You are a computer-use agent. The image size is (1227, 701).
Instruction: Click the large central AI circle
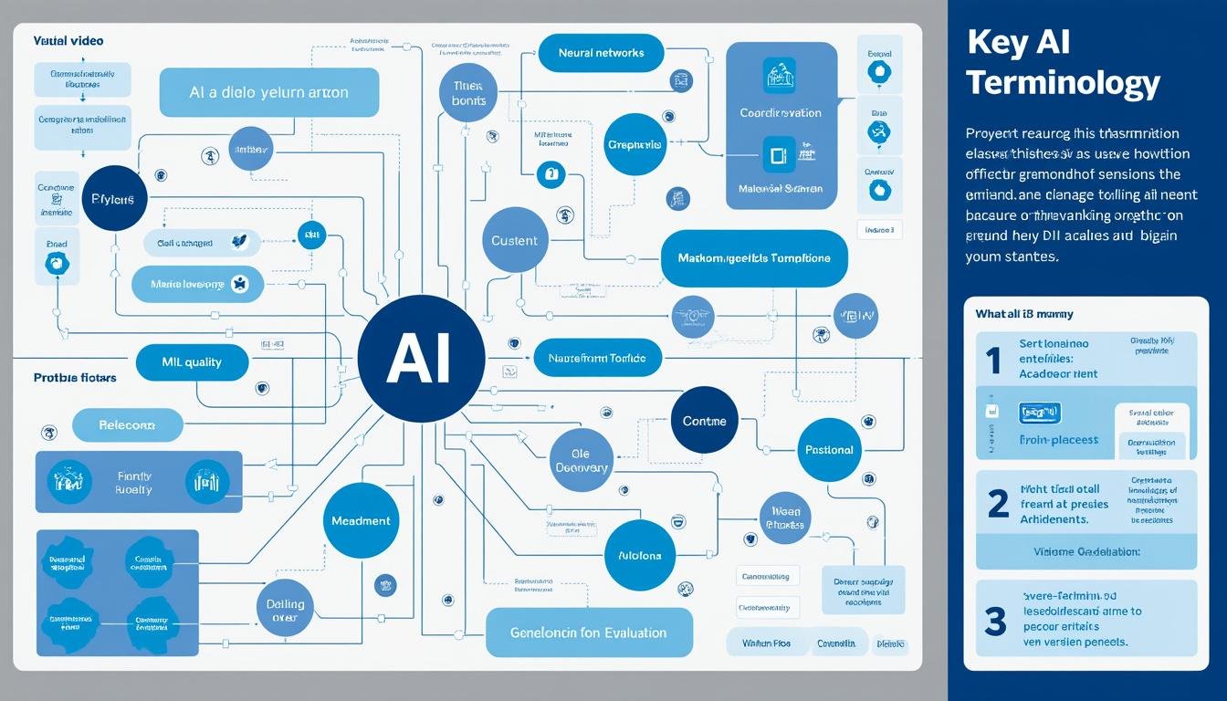pyautogui.click(x=421, y=359)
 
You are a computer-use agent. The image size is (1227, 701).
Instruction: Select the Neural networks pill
pyautogui.click(x=601, y=53)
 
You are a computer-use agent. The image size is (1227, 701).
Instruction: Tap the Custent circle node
pyautogui.click(x=515, y=240)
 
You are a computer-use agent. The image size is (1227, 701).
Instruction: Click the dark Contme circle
pyautogui.click(x=704, y=421)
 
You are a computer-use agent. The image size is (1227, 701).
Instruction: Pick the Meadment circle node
pyautogui.click(x=362, y=520)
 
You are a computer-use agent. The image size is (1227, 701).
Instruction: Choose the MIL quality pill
pyautogui.click(x=192, y=362)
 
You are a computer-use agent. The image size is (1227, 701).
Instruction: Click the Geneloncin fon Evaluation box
pyautogui.click(x=589, y=633)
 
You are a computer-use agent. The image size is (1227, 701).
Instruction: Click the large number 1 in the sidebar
pyautogui.click(x=994, y=361)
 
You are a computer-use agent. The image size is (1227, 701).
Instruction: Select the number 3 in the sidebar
pyautogui.click(x=995, y=621)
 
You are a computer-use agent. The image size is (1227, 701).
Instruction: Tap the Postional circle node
pyautogui.click(x=829, y=450)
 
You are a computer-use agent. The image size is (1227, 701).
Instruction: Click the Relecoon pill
pyautogui.click(x=128, y=425)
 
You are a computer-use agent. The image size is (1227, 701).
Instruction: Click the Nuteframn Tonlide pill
pyautogui.click(x=596, y=359)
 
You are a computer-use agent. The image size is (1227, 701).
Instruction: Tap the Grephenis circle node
pyautogui.click(x=635, y=144)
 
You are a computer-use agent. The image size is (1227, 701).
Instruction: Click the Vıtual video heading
pyautogui.click(x=68, y=41)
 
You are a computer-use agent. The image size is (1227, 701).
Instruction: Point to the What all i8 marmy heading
pyautogui.click(x=1024, y=314)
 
